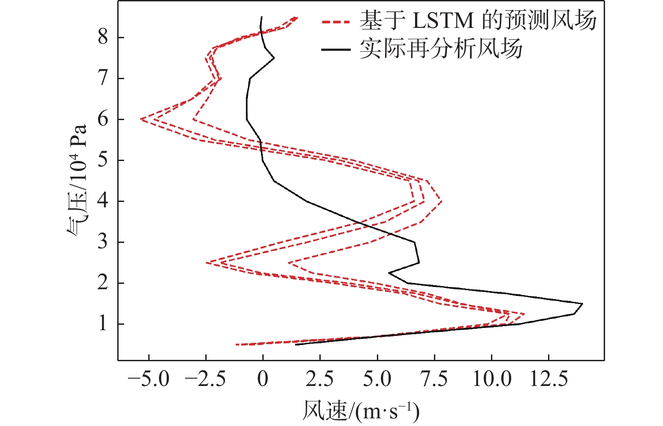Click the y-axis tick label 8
pos(103,37)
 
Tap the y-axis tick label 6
pos(103,119)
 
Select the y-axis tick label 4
pos(103,201)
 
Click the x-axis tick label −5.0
pos(149,379)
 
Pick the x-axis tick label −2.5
pos(206,379)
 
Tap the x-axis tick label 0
pos(263,379)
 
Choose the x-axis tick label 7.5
pos(434,379)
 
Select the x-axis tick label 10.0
pos(491,379)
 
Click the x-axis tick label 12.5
pos(548,379)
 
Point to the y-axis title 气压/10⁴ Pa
pos(77,180)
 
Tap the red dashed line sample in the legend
pos(336,21)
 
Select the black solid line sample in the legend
pos(336,49)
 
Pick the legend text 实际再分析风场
pos(441,48)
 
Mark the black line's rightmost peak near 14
pos(582,304)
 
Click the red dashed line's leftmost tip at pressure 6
pos(141,119)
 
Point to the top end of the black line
pos(261,17)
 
